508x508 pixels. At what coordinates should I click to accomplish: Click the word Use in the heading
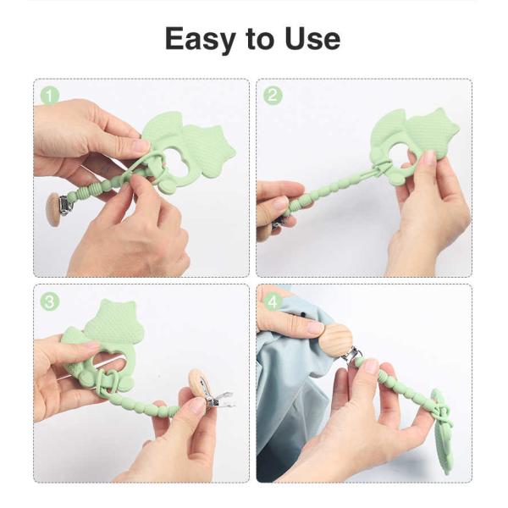(311, 39)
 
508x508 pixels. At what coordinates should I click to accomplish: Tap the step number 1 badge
(50, 96)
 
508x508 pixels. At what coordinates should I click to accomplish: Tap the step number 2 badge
(273, 96)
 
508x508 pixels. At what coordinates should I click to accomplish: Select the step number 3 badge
(50, 301)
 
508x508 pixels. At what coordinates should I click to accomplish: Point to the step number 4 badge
(273, 301)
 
